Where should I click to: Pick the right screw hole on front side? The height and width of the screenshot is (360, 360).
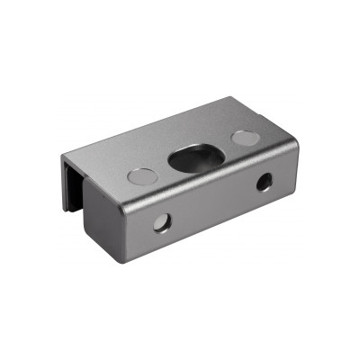[264, 182]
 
